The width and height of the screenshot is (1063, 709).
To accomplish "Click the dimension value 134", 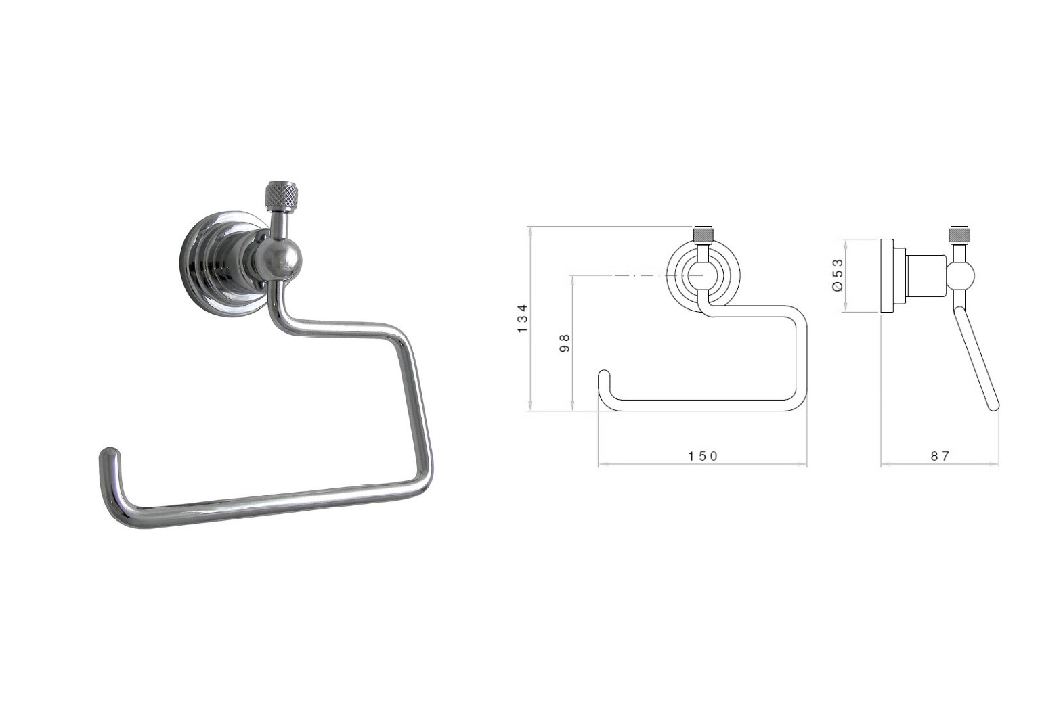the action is [522, 318].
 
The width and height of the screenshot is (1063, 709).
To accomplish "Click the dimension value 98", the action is [565, 343].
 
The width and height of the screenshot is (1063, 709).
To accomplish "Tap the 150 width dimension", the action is [703, 456].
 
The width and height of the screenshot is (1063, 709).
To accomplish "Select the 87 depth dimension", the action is [940, 456].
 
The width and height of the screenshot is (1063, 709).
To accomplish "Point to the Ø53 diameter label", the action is [838, 275].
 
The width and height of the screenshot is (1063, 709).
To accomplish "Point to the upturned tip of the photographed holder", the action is [110, 456].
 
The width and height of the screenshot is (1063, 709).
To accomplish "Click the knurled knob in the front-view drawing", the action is [702, 234].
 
